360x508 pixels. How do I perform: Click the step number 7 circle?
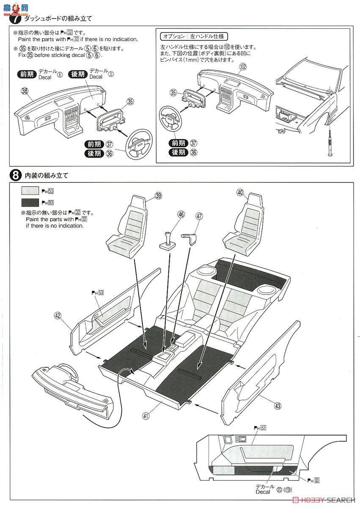(x=15, y=19)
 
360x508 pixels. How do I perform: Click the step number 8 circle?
(x=15, y=174)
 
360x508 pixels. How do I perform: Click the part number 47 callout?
(x=199, y=216)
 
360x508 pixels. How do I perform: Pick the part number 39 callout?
(x=158, y=195)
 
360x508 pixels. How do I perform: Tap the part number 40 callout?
(x=241, y=193)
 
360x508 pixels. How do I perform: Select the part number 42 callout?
(x=58, y=315)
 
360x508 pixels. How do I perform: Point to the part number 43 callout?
(x=278, y=406)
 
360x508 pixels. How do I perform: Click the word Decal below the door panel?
(x=263, y=491)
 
